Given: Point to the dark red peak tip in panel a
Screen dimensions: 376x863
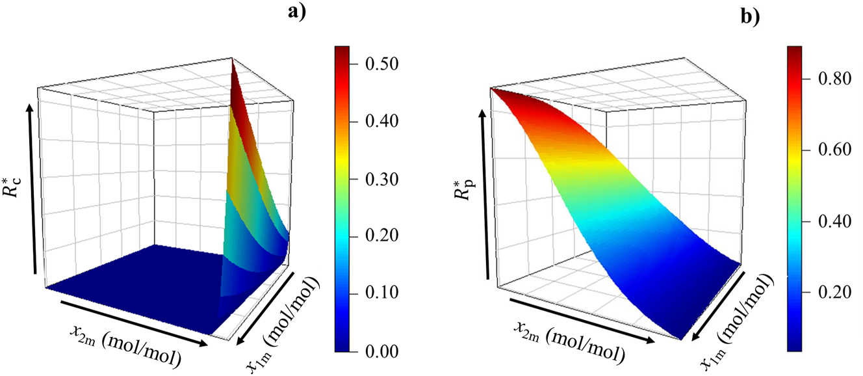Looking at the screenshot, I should (232, 60).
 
